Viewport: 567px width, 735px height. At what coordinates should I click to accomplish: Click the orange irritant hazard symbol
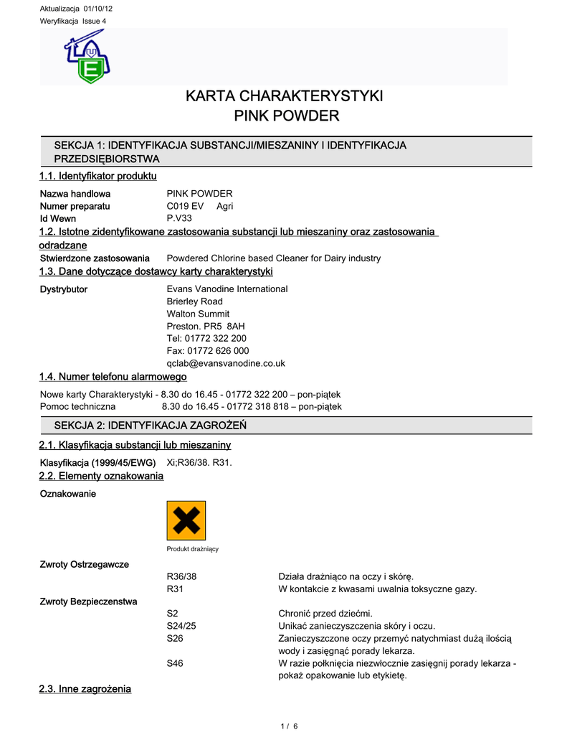pyautogui.click(x=186, y=520)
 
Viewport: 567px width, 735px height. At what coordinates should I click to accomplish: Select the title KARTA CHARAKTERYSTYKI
pyautogui.click(x=285, y=96)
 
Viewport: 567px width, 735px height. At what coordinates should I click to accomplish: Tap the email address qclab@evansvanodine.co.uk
pyautogui.click(x=226, y=363)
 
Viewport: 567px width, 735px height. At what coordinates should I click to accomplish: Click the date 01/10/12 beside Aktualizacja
pyautogui.click(x=97, y=9)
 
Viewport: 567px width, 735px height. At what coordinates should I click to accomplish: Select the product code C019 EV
pyautogui.click(x=185, y=206)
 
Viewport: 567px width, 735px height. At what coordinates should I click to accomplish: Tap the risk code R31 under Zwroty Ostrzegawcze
pyautogui.click(x=176, y=589)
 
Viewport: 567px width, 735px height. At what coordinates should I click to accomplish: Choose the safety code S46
pyautogui.click(x=174, y=663)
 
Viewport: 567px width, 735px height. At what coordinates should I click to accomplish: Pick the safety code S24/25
pyautogui.click(x=181, y=626)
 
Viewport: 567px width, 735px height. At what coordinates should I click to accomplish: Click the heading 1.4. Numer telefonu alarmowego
pyautogui.click(x=113, y=377)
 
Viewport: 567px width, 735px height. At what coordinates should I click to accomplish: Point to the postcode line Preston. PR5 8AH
pyautogui.click(x=206, y=326)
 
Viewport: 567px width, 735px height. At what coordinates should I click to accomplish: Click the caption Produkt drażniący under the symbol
pyautogui.click(x=192, y=549)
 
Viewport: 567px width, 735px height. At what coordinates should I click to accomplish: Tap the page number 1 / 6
pyautogui.click(x=289, y=726)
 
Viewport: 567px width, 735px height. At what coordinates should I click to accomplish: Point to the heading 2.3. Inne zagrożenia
pyautogui.click(x=85, y=689)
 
